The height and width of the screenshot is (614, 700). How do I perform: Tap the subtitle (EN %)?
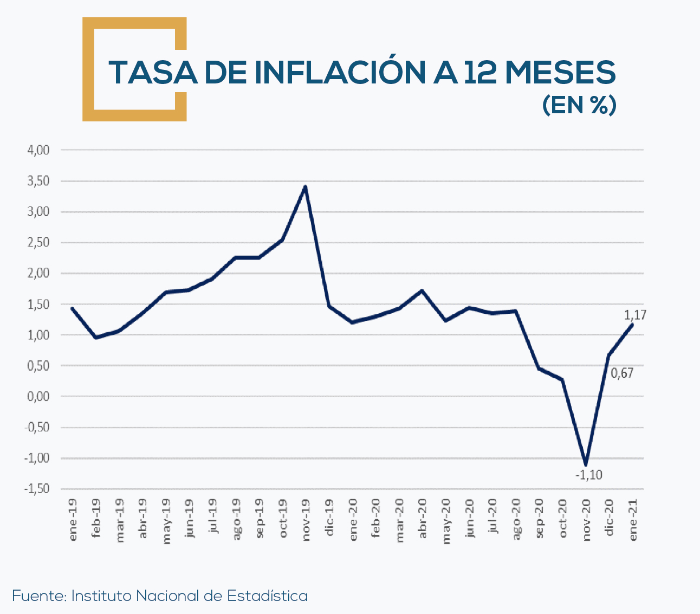point(579,105)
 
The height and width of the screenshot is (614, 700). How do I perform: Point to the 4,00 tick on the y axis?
point(38,150)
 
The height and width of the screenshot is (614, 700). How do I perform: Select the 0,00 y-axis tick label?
point(38,396)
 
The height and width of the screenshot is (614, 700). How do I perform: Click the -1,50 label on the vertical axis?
point(37,488)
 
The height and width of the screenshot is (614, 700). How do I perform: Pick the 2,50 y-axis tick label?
point(38,242)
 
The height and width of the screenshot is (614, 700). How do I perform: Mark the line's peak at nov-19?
point(306,187)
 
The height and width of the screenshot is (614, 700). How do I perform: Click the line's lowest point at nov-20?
point(586,464)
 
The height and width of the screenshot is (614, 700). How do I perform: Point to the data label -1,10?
point(588,475)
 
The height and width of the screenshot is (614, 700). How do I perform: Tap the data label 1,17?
point(635,315)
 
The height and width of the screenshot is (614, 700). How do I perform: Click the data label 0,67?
point(622,373)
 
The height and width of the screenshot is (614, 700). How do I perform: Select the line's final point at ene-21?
point(632,325)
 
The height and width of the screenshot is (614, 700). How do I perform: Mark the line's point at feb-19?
point(96,338)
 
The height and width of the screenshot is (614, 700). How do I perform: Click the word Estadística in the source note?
point(267,596)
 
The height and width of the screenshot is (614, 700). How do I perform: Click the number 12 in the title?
point(482,72)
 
